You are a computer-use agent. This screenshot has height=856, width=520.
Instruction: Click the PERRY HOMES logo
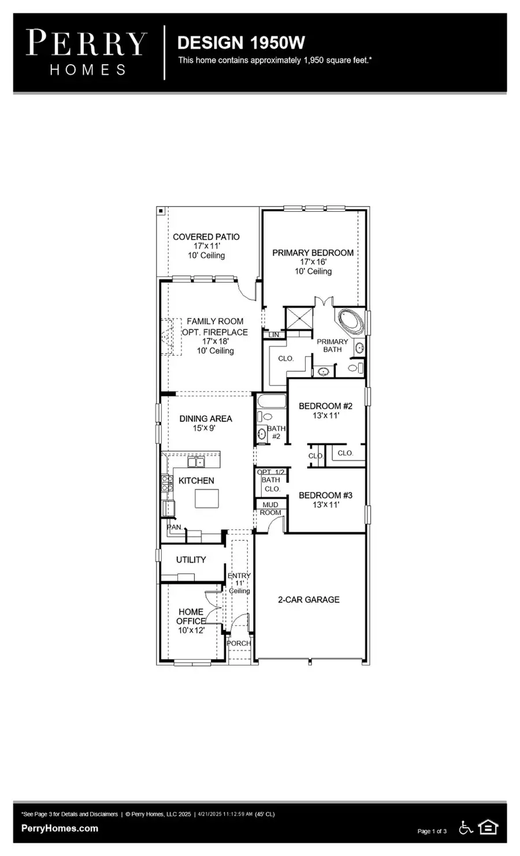click(x=87, y=53)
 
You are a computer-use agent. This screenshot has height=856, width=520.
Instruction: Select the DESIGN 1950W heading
click(x=241, y=43)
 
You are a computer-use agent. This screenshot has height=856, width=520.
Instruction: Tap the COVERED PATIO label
click(x=206, y=237)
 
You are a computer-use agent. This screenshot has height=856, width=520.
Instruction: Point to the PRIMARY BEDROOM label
click(x=313, y=253)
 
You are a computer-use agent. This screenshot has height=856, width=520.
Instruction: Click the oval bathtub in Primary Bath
click(x=350, y=321)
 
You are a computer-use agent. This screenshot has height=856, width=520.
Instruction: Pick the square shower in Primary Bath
click(x=299, y=318)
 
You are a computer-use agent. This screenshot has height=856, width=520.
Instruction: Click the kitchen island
click(x=207, y=498)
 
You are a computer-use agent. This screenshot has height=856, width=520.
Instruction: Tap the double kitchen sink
click(x=196, y=462)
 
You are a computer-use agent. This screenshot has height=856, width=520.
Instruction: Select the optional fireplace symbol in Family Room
click(x=171, y=337)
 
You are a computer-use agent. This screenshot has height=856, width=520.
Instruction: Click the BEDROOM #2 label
click(x=326, y=406)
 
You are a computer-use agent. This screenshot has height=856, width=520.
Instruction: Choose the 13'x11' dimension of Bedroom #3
click(x=326, y=505)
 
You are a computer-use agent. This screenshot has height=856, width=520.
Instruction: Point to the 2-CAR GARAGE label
click(x=309, y=600)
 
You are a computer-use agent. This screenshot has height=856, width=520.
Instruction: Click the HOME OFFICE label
click(x=191, y=616)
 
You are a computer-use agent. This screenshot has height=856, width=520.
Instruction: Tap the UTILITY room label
click(x=191, y=560)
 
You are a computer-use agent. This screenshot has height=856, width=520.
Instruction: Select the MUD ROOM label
click(x=270, y=509)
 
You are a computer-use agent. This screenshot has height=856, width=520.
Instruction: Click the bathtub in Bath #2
click(x=272, y=401)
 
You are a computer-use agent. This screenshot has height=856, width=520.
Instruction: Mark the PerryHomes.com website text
click(x=60, y=828)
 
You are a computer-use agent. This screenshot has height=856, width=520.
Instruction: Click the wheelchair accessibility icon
click(x=466, y=828)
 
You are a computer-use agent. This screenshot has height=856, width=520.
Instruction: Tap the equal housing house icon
click(x=488, y=827)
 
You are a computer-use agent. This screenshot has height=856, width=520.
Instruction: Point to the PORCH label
click(x=239, y=643)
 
